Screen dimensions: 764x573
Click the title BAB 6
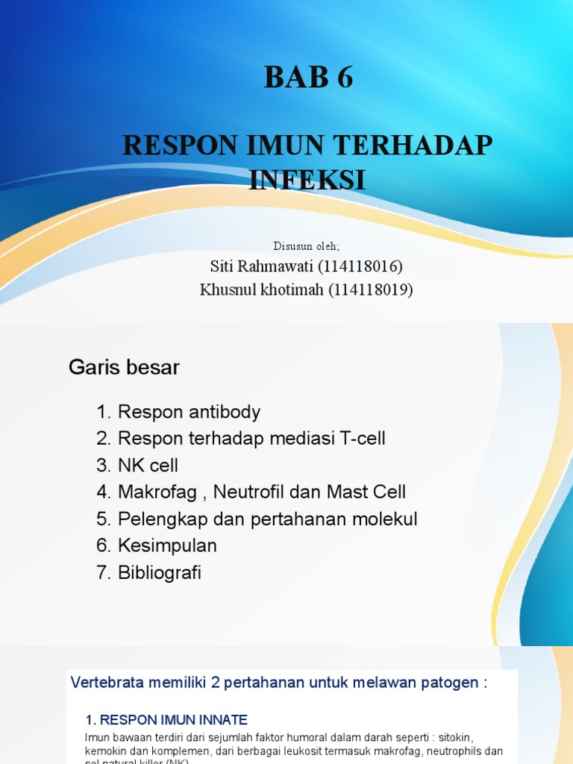[x=308, y=78]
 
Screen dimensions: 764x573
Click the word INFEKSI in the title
[x=307, y=180]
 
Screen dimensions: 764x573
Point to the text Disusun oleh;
[x=306, y=245]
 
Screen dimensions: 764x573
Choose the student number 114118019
[x=371, y=289]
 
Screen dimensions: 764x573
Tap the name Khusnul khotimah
[x=261, y=289]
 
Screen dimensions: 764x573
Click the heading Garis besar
[x=124, y=367]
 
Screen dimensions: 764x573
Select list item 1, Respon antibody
[x=178, y=412]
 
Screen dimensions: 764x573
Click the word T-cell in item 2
[x=362, y=439]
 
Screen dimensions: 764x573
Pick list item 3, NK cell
[x=137, y=466]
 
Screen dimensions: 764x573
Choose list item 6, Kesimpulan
[x=157, y=546]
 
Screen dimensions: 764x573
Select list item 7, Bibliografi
[x=149, y=573]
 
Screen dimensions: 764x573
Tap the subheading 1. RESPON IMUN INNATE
[x=166, y=720]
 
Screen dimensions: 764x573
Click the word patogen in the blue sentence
[x=450, y=682]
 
